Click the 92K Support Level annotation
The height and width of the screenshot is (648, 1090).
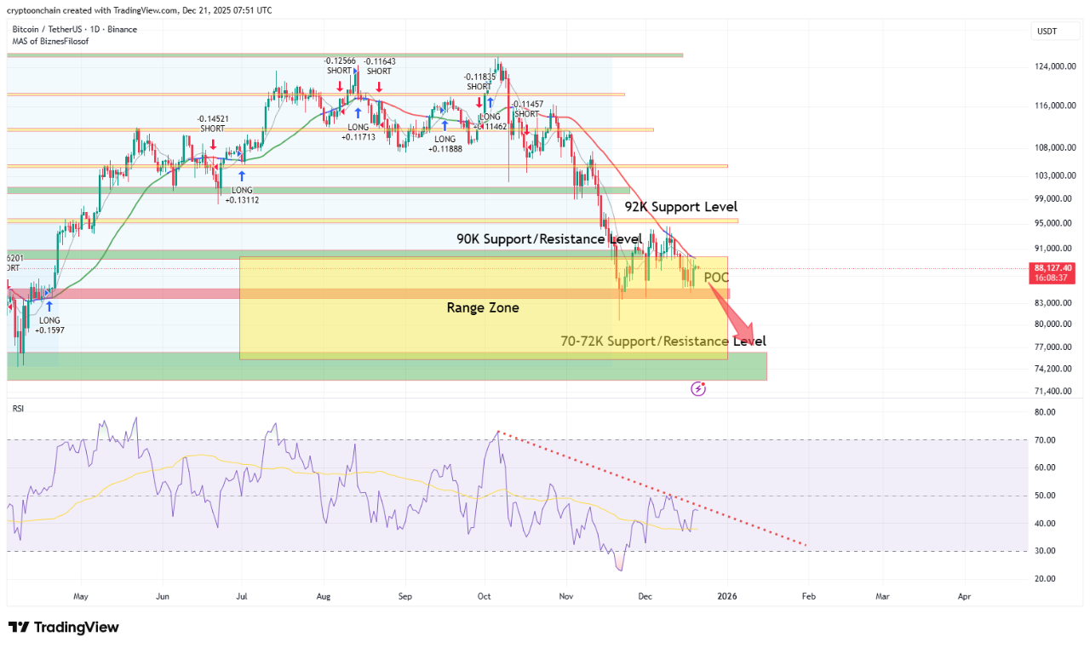(681, 207)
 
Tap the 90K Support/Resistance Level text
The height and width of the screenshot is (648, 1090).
(549, 239)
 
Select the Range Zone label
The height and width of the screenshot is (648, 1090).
(483, 307)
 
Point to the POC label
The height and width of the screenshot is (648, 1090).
(716, 278)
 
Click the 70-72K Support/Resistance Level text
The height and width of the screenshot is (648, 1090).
(663, 341)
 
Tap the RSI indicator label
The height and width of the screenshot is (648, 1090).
(18, 409)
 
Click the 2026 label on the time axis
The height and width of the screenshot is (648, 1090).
(727, 597)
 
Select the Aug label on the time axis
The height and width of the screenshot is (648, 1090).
(324, 597)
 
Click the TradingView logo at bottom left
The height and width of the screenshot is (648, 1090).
(64, 628)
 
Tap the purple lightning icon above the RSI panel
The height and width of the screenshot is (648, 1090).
(698, 389)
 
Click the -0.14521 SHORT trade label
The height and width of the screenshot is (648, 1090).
(213, 123)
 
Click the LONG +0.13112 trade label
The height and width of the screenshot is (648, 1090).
(242, 195)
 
